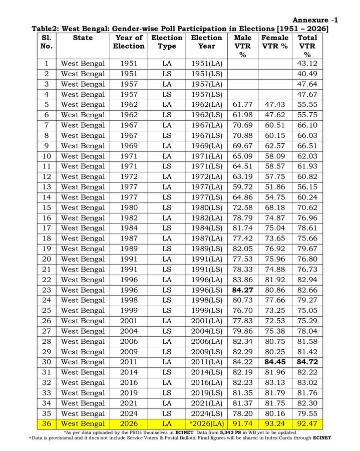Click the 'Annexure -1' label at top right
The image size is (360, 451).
click(315, 20)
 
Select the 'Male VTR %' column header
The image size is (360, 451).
click(243, 46)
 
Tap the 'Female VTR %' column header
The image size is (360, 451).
click(275, 42)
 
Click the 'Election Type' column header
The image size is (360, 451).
click(167, 42)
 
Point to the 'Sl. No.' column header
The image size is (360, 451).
click(47, 42)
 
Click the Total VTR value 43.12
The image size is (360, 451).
click(307, 64)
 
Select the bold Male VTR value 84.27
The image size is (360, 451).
click(243, 290)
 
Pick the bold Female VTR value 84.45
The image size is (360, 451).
click(275, 362)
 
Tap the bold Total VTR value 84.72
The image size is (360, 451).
click(307, 362)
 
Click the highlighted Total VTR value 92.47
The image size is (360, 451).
click(307, 424)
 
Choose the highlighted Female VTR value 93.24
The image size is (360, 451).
click(275, 424)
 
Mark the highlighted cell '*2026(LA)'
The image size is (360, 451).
click(207, 424)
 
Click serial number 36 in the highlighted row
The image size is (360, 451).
click(47, 424)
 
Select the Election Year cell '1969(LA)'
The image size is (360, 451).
click(207, 146)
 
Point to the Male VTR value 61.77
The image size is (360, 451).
click(243, 105)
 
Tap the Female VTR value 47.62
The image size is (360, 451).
click(275, 115)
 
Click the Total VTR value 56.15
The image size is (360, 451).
click(307, 187)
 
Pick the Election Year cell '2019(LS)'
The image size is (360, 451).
click(207, 393)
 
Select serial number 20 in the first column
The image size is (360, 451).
click(47, 259)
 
